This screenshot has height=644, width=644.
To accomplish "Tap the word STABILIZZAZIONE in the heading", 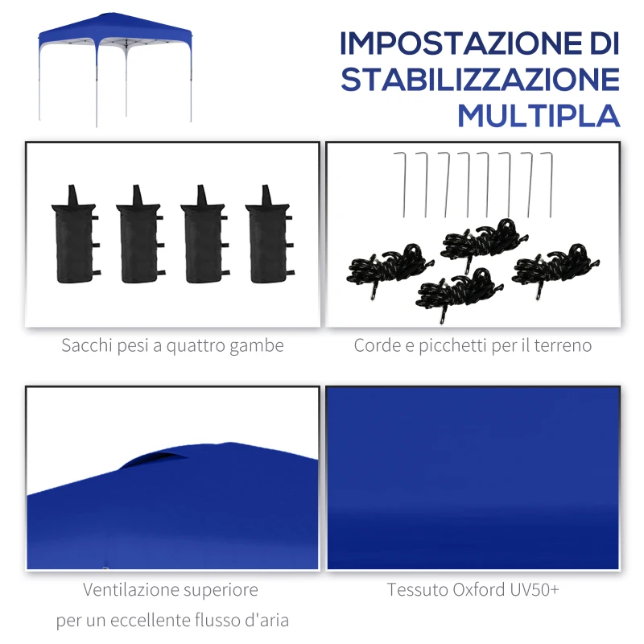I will [480, 80].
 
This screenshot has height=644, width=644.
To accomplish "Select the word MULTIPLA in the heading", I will [539, 116].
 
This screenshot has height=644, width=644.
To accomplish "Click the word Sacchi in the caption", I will [86, 346].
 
